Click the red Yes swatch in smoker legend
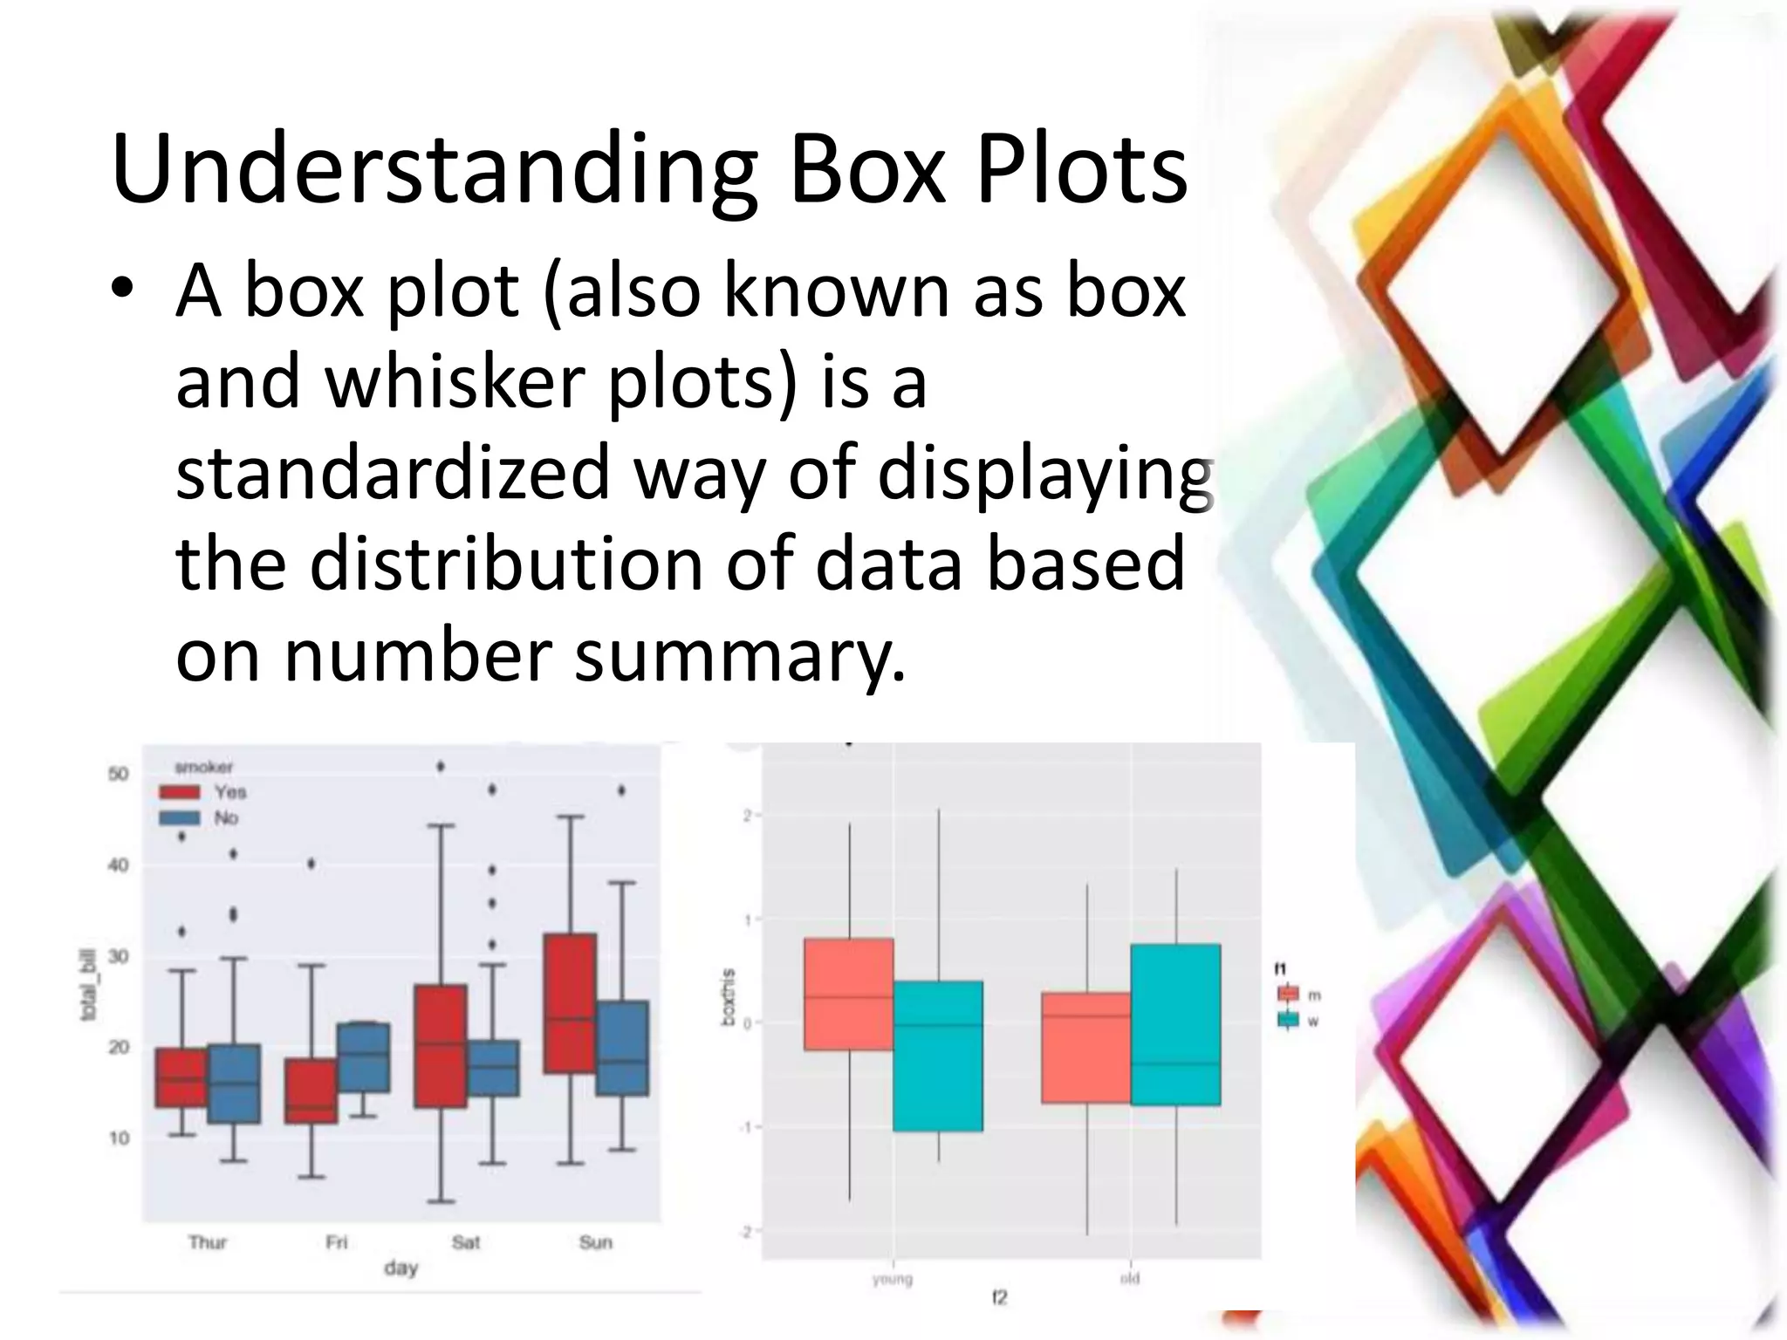pos(180,792)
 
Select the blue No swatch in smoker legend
pos(180,818)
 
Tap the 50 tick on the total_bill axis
pos(119,774)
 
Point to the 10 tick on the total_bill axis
pos(119,1138)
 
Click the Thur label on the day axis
pos(208,1242)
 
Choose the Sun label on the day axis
pos(596,1242)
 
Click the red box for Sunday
pos(570,1003)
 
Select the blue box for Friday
pos(364,1057)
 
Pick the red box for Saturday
pos(441,1046)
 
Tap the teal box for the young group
pos(938,1056)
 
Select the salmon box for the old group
pos(1086,1048)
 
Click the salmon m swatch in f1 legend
pos(1289,994)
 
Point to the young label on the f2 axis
pos(892,1279)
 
